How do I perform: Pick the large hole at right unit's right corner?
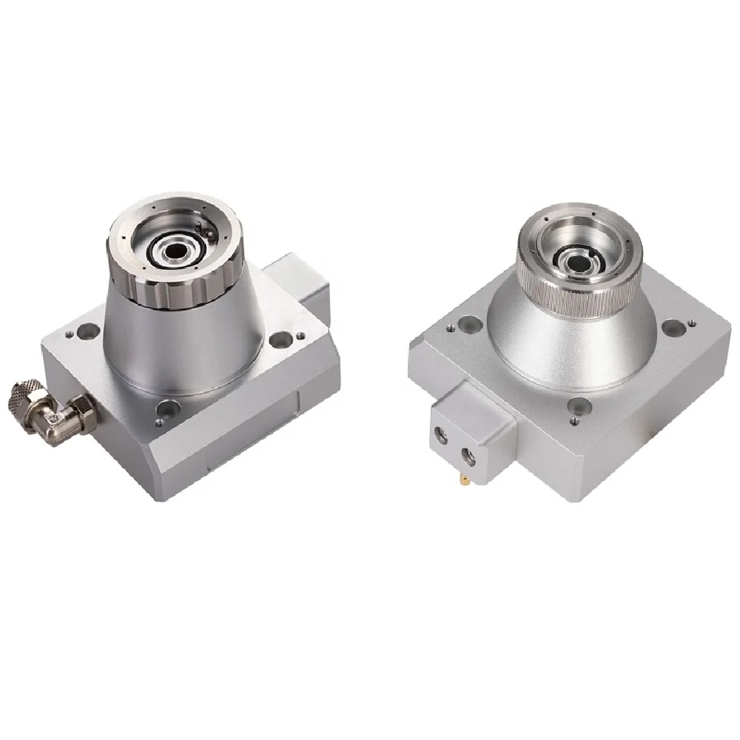(673, 326)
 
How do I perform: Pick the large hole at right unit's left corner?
(468, 323)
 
